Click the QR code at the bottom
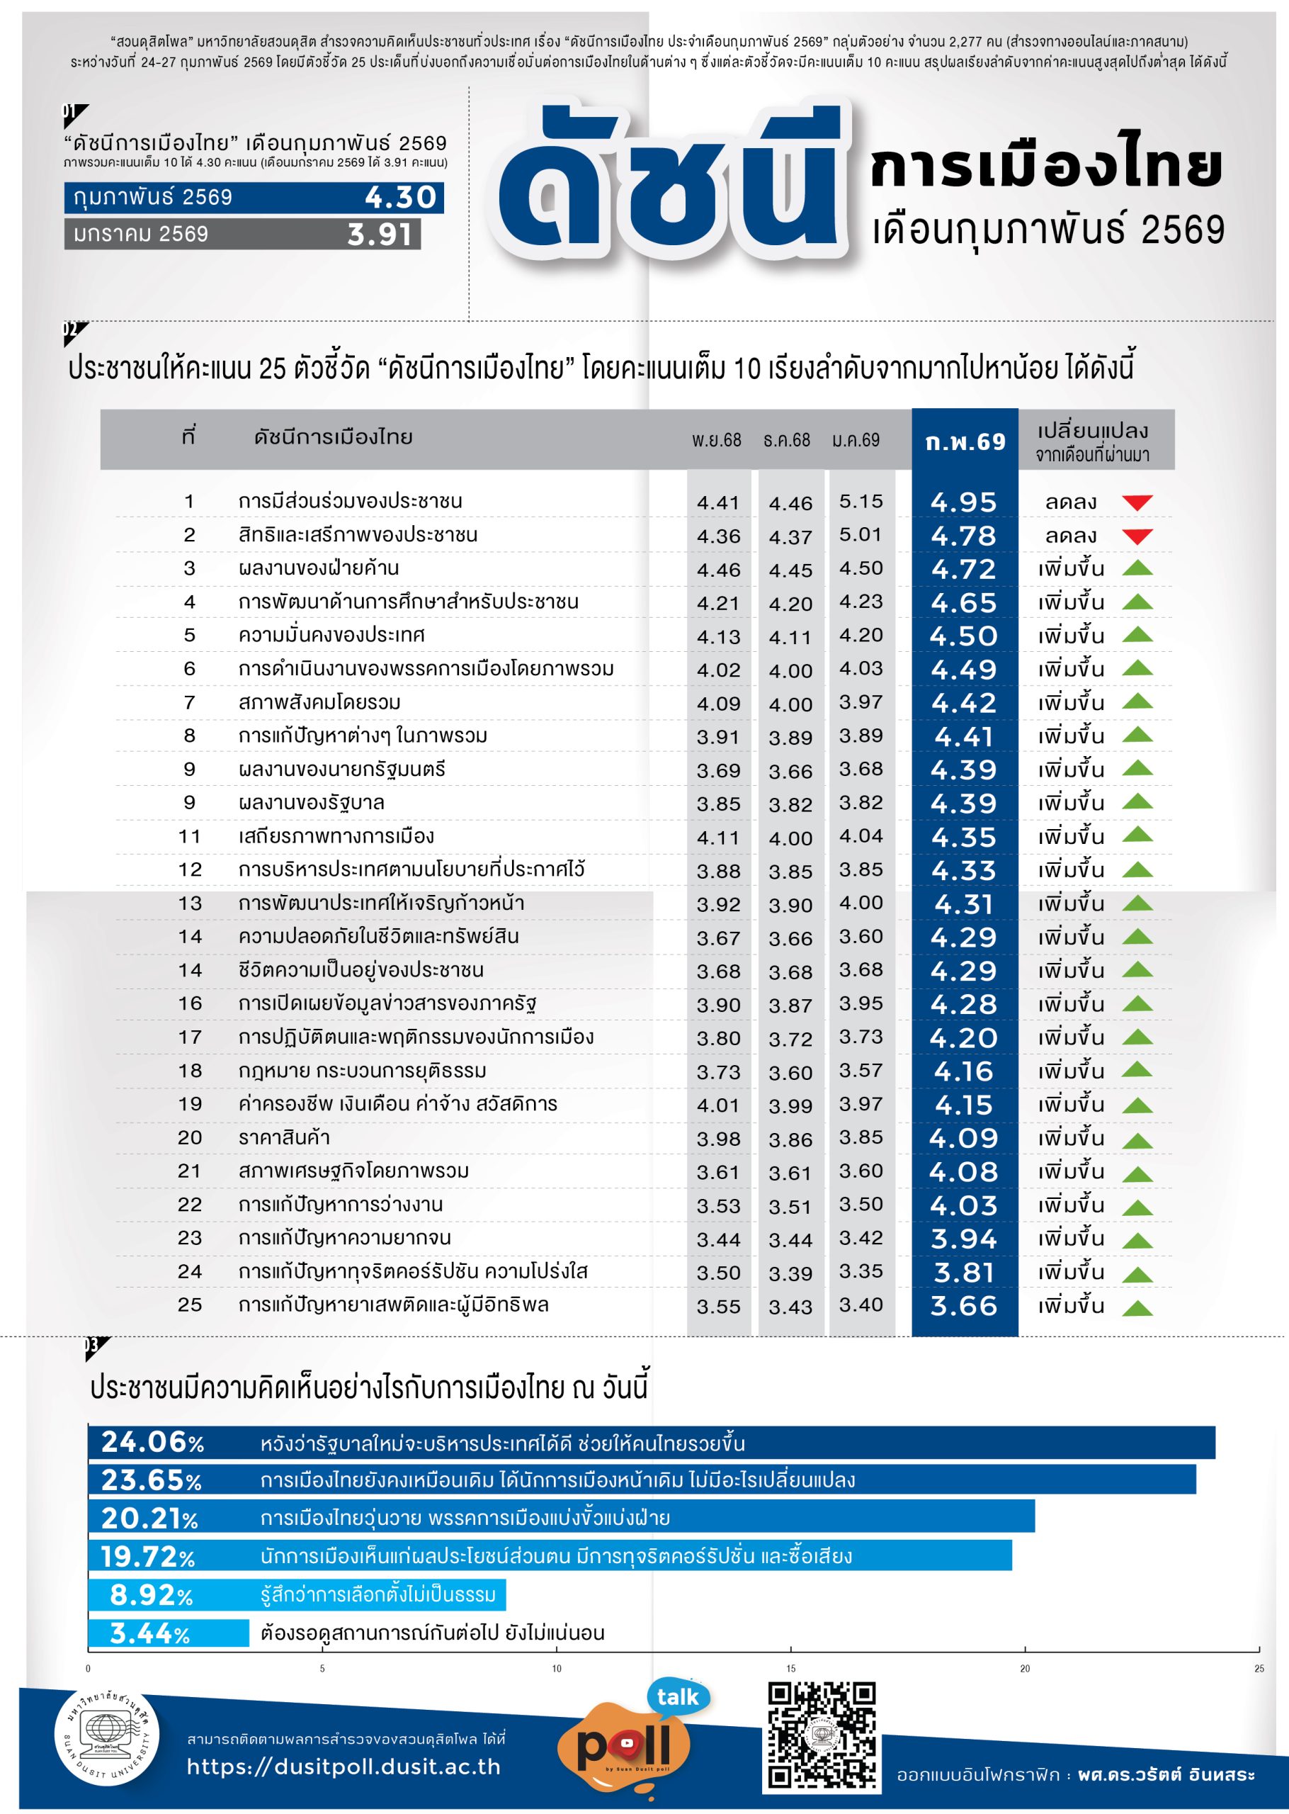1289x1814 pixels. pyautogui.click(x=821, y=1736)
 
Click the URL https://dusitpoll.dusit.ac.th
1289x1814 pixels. pyautogui.click(x=343, y=1766)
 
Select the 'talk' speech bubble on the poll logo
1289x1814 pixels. pyautogui.click(x=678, y=1696)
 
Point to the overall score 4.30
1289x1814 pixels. pyautogui.click(x=401, y=198)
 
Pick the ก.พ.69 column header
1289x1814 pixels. pyautogui.click(x=965, y=441)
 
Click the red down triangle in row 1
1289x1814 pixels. pyautogui.click(x=1137, y=502)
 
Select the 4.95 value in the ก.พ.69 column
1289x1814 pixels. pyautogui.click(x=964, y=502)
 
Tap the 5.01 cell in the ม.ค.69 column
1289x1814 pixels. pyautogui.click(x=861, y=534)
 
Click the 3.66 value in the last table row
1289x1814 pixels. pyautogui.click(x=964, y=1306)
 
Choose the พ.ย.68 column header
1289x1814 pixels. pyautogui.click(x=716, y=440)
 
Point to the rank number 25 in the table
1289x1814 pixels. pyautogui.click(x=190, y=1305)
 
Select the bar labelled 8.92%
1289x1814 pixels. pyautogui.click(x=297, y=1594)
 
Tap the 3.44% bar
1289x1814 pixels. pyautogui.click(x=169, y=1633)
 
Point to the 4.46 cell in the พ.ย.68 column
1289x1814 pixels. pyautogui.click(x=718, y=570)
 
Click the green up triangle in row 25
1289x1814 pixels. pyautogui.click(x=1137, y=1307)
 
